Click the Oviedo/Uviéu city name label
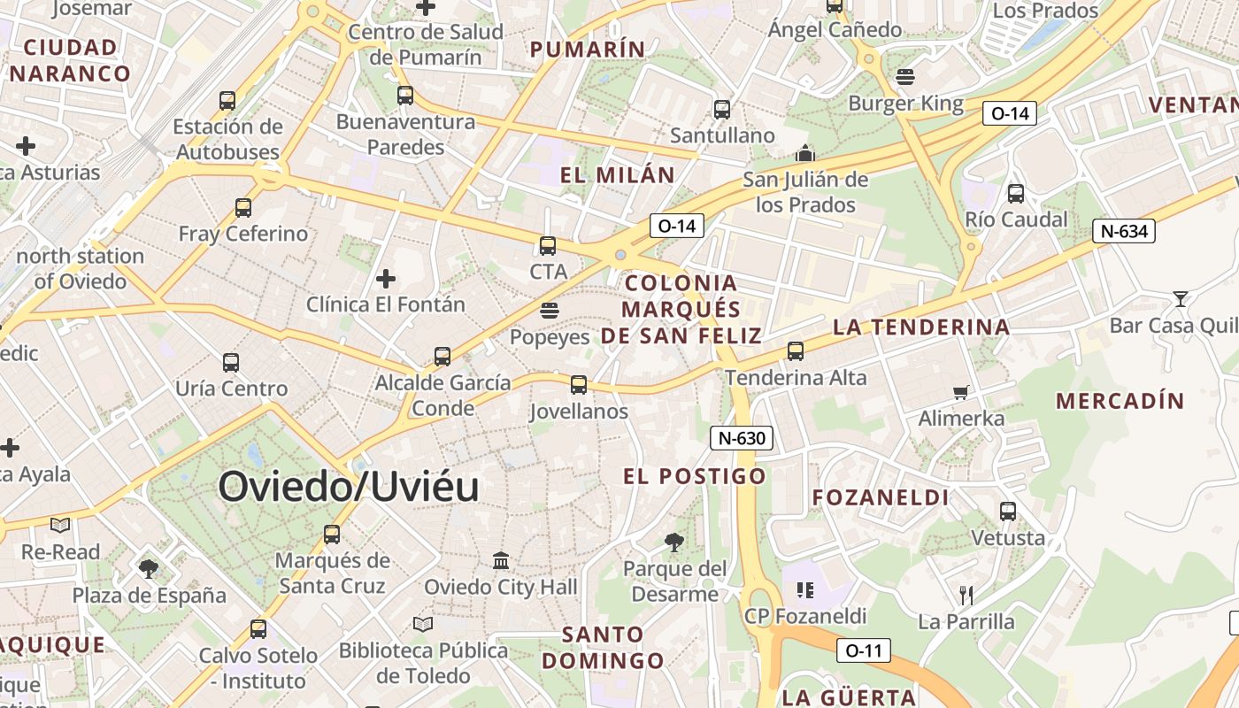tap(349, 487)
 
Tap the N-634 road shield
tap(1124, 232)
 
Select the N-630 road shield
tap(742, 437)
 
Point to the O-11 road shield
tap(863, 650)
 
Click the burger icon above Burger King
tap(904, 77)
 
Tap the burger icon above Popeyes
tap(550, 311)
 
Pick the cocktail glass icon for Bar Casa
tap(1180, 298)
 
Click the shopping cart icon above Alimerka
tap(961, 392)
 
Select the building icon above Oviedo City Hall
tap(501, 560)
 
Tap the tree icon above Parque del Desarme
tap(674, 542)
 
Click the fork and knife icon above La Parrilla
tap(966, 595)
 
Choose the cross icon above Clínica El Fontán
tap(385, 279)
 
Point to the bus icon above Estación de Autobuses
tap(227, 101)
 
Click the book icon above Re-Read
tap(60, 526)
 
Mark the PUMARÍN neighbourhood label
tap(588, 50)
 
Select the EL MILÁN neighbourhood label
tap(617, 175)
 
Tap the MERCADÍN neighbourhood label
tap(1120, 401)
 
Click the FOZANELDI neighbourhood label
tap(881, 497)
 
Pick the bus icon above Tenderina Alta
tap(796, 351)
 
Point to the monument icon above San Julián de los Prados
tap(804, 153)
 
